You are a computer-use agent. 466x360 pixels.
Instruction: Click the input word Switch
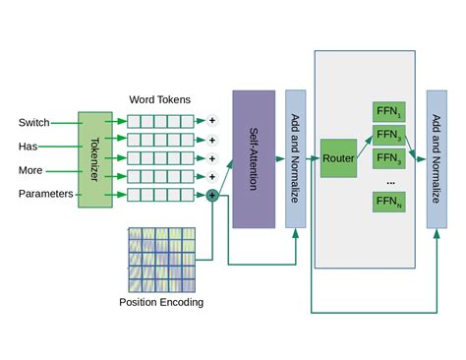coord(34,122)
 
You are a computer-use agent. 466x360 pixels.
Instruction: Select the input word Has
coord(29,146)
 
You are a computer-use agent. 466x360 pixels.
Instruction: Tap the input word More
coord(30,169)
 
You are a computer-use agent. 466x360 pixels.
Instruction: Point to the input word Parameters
coord(46,194)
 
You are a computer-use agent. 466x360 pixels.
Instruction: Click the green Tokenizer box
coord(95,159)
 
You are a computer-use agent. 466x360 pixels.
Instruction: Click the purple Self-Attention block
coord(253,159)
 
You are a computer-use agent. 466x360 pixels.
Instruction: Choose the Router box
coord(338,158)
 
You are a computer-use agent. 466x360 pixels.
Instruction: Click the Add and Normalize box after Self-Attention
coord(296,159)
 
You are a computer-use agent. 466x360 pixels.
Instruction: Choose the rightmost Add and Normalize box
coord(437,159)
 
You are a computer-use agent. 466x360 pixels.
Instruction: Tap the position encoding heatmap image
coord(161,258)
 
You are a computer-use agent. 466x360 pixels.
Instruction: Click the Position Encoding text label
coord(161,302)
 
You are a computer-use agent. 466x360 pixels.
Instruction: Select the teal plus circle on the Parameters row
coord(211,195)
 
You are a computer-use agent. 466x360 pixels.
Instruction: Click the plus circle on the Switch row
coord(210,122)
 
